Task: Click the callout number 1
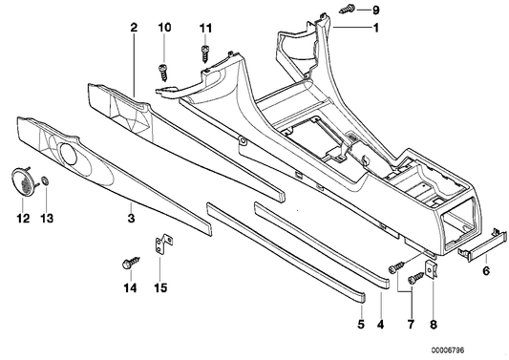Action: (x=375, y=28)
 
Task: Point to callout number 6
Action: (x=485, y=272)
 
